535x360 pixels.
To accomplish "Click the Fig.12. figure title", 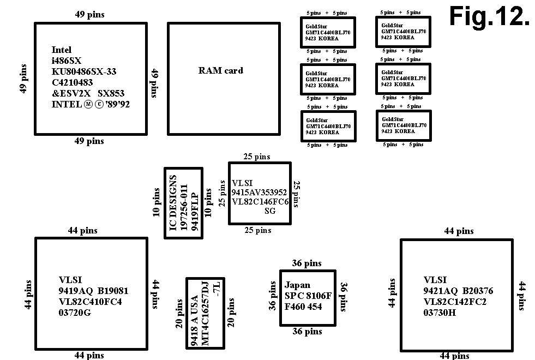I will tap(489, 17).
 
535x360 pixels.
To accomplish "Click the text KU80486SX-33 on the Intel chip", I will tap(84, 71).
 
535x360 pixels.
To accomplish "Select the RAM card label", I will tap(220, 70).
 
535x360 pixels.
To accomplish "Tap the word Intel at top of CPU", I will tap(62, 50).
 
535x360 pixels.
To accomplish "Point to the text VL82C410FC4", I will tap(90, 302).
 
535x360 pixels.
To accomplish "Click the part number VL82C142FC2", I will tap(455, 302).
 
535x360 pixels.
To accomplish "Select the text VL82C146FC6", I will tap(260, 202).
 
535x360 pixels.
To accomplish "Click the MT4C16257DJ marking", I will tap(205, 315).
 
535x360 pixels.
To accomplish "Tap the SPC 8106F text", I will tap(308, 296).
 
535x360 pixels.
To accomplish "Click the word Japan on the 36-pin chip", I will tap(297, 285).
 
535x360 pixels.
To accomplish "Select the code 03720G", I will tap(75, 313).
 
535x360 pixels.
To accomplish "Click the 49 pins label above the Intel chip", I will tap(89, 15).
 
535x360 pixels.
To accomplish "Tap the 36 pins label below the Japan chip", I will tap(307, 331).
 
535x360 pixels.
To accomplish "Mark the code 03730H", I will tap(440, 313).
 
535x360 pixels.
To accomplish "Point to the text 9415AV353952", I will tap(259, 193).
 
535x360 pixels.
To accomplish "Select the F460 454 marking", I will tap(303, 307).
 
